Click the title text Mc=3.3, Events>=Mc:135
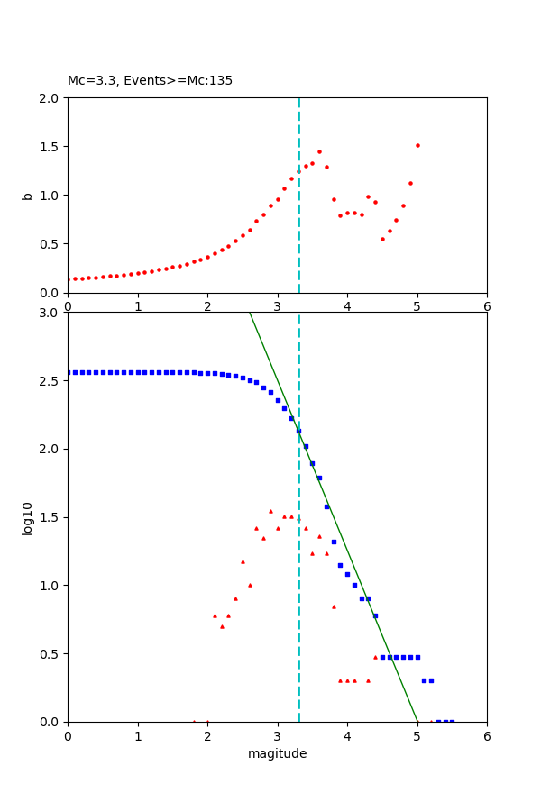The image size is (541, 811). coord(150,80)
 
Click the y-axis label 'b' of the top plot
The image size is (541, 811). coord(27,195)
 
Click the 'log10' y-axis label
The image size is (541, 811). coord(27,517)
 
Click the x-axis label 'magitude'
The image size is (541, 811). coord(277,753)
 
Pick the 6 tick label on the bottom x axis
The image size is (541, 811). coord(487,736)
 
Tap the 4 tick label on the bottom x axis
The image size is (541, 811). coord(347,736)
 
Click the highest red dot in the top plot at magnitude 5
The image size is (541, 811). coord(417,145)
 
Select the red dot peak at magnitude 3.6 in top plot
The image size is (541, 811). coord(319,151)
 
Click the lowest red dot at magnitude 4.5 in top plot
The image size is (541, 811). coord(382,239)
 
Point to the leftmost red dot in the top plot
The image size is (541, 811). coord(68,279)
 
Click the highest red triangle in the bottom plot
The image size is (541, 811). coord(270,511)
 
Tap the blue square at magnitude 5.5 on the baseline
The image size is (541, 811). coord(452,722)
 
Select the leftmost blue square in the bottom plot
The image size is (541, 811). coord(68,372)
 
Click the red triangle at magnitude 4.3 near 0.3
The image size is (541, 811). coord(368,680)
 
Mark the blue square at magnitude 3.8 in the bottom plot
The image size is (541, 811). coord(334,542)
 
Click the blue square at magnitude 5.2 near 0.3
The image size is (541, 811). coord(431,680)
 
